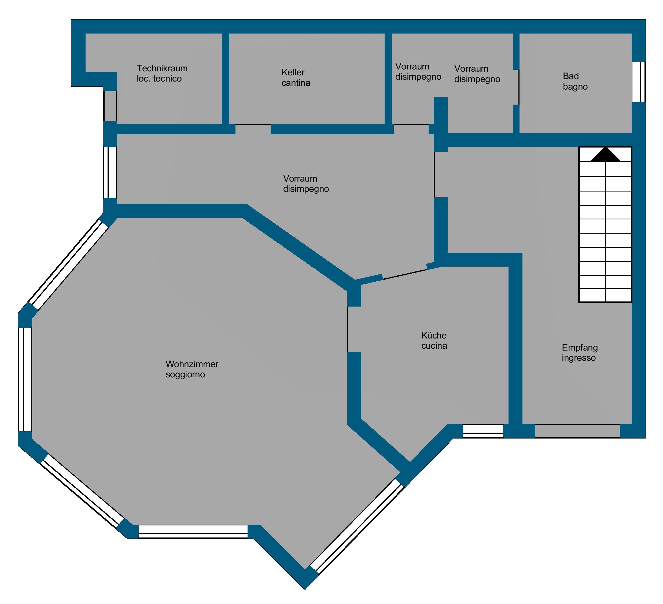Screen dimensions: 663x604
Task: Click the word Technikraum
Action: coord(162,68)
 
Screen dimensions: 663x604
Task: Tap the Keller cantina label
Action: coord(296,78)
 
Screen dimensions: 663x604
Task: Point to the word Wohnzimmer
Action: coord(192,364)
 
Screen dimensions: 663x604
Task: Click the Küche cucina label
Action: coord(434,340)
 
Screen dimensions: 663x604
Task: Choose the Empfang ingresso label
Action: coord(580,352)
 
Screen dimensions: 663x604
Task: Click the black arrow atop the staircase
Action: coord(605,154)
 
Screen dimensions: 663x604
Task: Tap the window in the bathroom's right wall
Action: coord(639,82)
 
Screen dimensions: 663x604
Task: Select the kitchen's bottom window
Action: coord(483,431)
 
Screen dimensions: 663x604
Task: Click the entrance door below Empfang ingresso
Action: coord(577,431)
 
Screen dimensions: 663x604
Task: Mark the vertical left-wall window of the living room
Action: coord(25,380)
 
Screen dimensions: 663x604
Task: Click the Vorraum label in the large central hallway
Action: coord(306,183)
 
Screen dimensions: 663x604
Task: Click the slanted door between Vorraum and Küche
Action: coord(405,274)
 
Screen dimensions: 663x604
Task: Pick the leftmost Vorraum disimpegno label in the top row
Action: coord(418,72)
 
